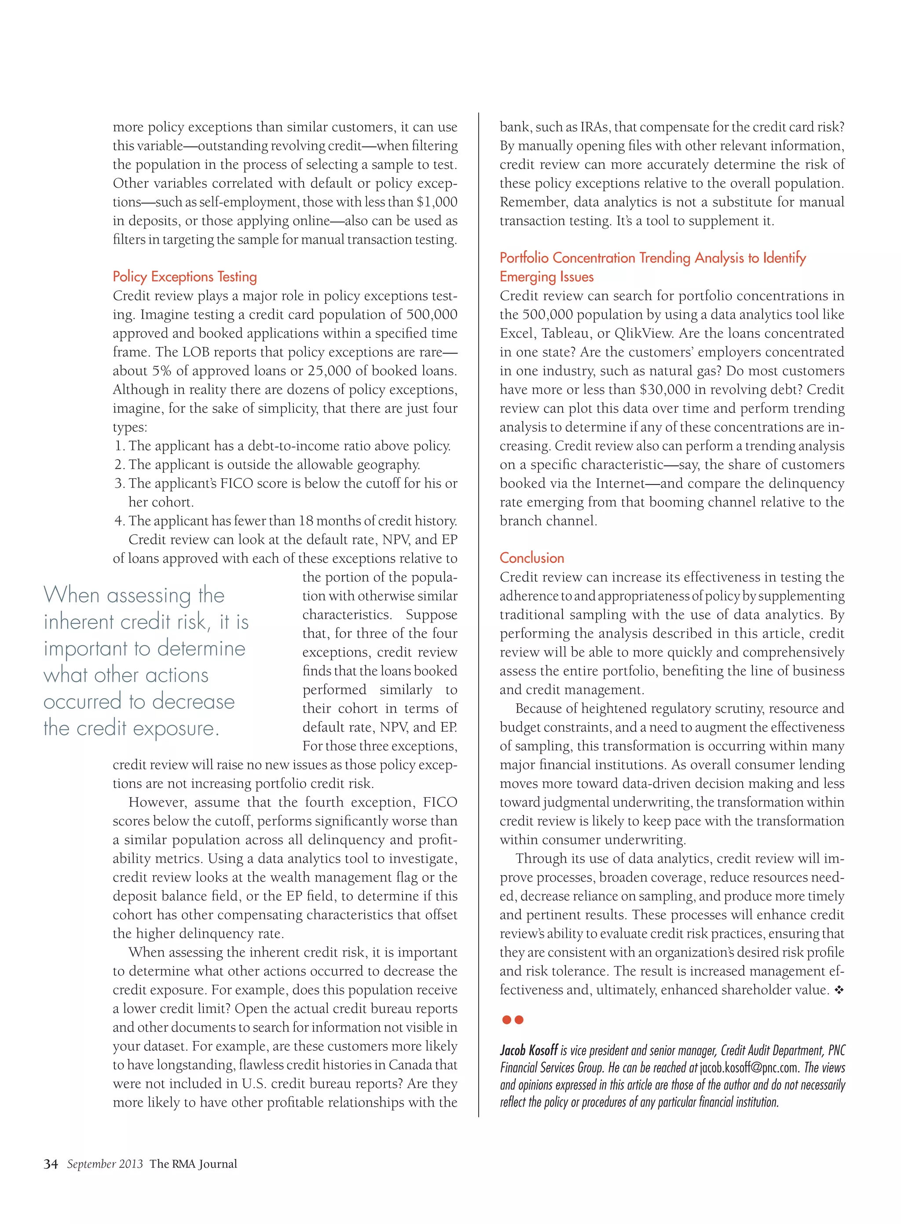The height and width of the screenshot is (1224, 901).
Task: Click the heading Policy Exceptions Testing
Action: pos(184,277)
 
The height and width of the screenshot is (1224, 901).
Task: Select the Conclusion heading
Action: pos(532,558)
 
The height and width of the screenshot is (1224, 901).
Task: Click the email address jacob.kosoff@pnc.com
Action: pos(749,1067)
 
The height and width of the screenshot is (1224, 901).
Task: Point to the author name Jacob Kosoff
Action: pos(528,1050)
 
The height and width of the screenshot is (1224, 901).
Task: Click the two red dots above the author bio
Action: pos(512,1020)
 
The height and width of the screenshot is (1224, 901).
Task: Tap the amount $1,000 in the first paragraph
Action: pos(437,202)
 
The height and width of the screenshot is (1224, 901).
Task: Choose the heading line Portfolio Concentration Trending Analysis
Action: pos(652,258)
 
